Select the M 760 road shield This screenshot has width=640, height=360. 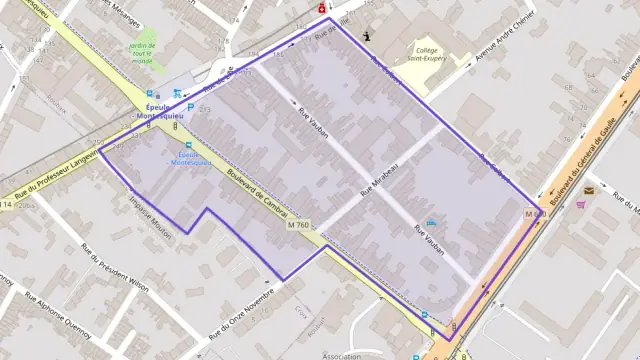[298, 224]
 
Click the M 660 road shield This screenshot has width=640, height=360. [535, 214]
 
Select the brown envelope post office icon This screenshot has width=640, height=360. [589, 190]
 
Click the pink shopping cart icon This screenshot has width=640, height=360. [581, 205]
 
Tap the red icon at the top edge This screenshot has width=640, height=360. [321, 7]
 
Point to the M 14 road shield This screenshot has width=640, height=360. [5, 204]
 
